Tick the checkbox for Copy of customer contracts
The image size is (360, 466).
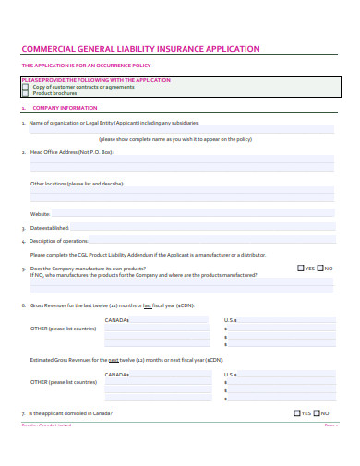coord(25,87)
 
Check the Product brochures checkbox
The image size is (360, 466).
coord(25,93)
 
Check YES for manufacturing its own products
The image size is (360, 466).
coord(301,269)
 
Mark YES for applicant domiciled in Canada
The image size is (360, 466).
coord(297,413)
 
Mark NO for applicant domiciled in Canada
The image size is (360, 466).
coord(317,413)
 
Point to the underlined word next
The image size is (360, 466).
coord(113,359)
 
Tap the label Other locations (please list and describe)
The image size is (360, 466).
coord(77,184)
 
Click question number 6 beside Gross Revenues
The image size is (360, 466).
coord(23,305)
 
